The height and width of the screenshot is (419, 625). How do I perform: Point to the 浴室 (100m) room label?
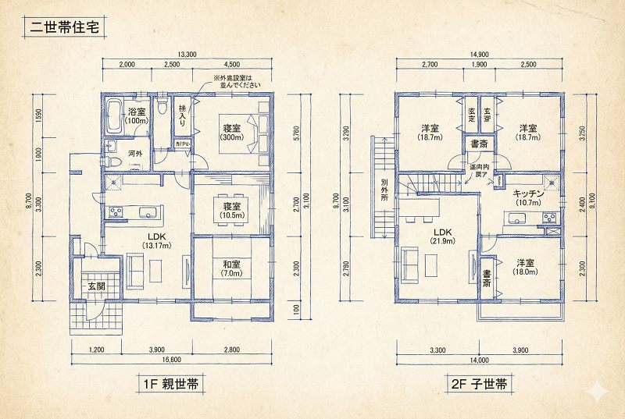pyautogui.click(x=138, y=116)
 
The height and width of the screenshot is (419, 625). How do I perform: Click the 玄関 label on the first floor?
pyautogui.click(x=97, y=286)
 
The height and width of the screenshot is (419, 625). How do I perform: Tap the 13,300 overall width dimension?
pyautogui.click(x=187, y=54)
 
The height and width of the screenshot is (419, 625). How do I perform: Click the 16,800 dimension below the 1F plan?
pyautogui.click(x=172, y=360)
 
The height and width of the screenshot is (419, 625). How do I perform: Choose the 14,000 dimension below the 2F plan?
pyautogui.click(x=479, y=360)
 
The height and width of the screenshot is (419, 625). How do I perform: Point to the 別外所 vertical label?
pyautogui.click(x=384, y=188)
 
